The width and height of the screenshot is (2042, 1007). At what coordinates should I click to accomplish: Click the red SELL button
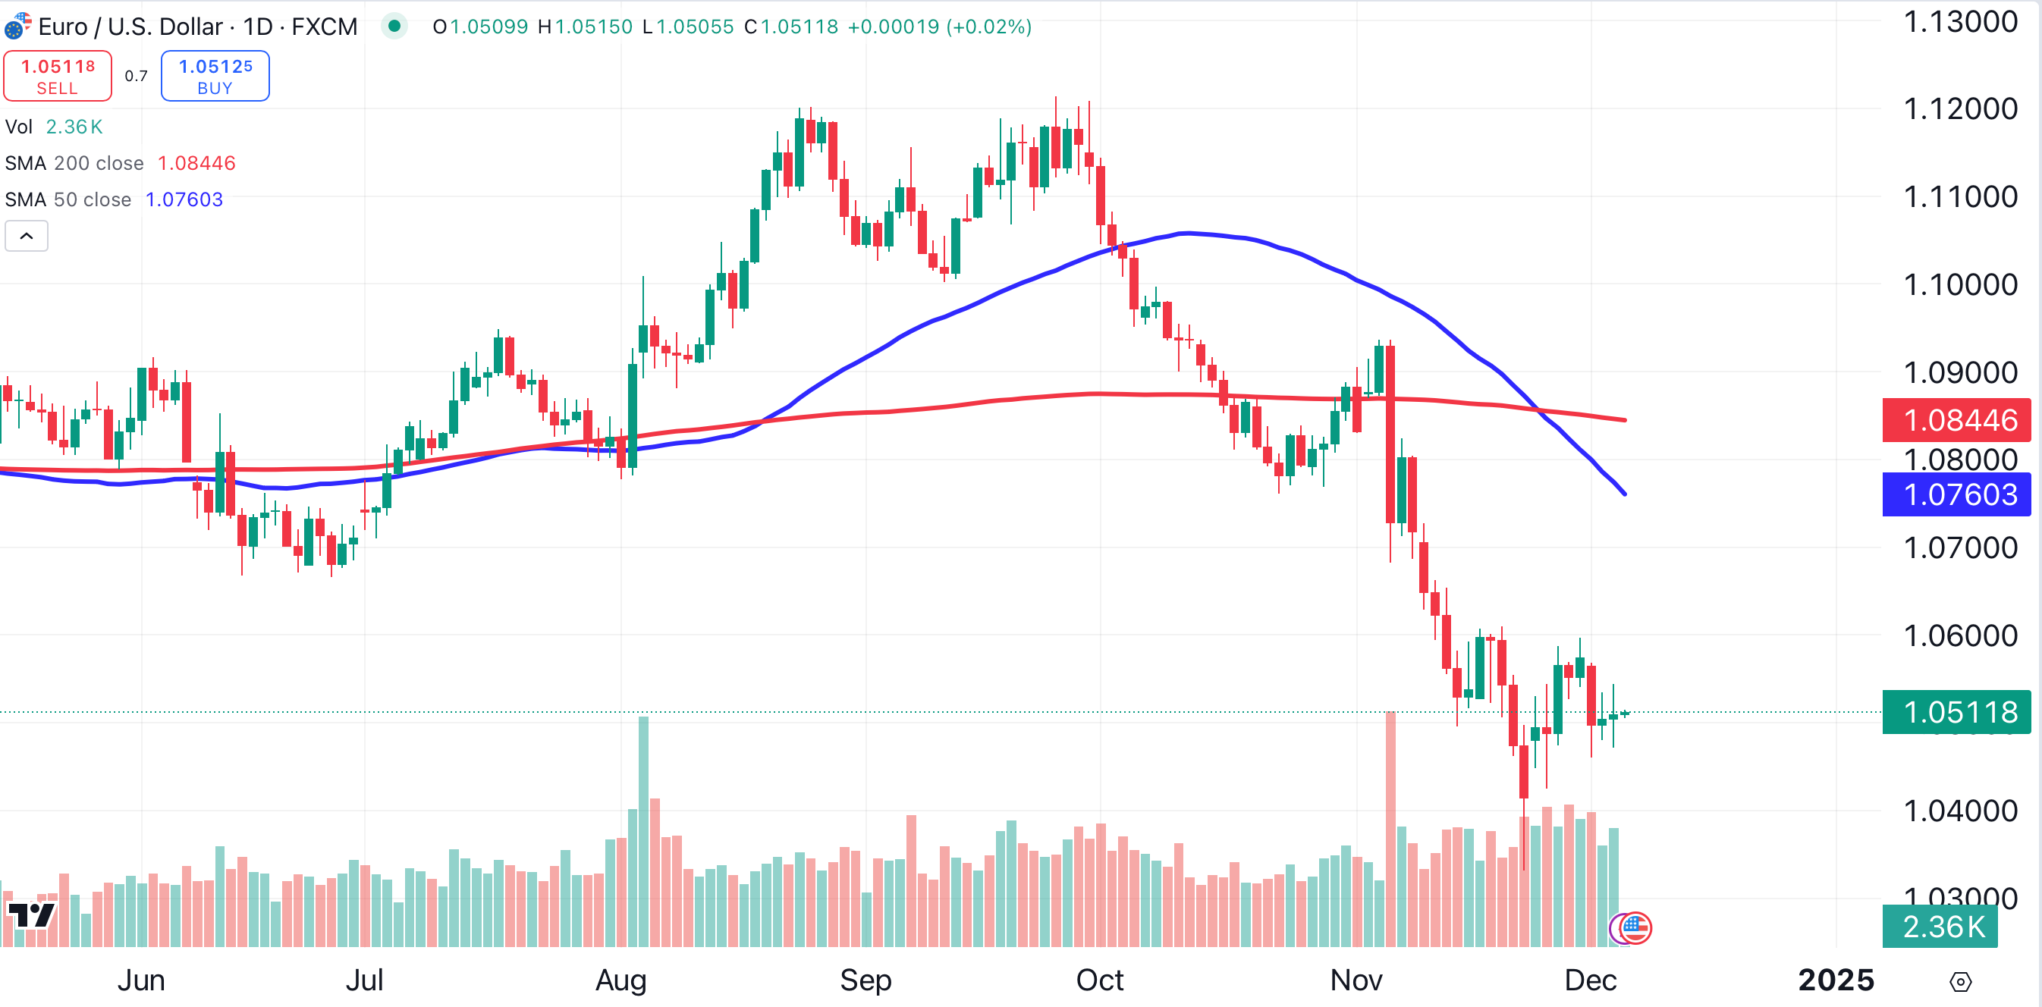(x=57, y=76)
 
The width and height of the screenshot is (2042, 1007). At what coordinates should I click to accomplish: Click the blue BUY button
(x=215, y=76)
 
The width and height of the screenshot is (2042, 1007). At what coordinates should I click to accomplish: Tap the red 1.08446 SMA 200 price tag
(x=1956, y=420)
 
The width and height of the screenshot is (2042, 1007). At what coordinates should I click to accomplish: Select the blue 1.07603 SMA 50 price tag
(x=1956, y=494)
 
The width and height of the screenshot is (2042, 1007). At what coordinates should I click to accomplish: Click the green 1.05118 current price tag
(x=1956, y=711)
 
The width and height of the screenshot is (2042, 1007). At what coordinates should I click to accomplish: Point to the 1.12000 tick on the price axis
(x=1959, y=108)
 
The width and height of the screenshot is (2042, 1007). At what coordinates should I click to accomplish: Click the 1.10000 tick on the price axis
(x=1959, y=284)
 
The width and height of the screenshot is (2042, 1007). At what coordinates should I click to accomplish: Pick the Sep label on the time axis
(x=865, y=980)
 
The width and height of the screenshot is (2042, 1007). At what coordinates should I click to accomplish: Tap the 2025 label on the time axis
(x=1835, y=980)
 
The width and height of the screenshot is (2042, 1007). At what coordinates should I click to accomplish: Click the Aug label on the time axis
(x=620, y=980)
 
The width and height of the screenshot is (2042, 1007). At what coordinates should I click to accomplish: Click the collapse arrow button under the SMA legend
(x=26, y=236)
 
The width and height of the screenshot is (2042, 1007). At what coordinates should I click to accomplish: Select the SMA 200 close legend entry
(x=74, y=163)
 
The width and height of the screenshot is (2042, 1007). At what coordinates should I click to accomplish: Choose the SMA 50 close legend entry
(x=68, y=199)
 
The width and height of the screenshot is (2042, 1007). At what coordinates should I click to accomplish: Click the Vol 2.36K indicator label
(x=54, y=127)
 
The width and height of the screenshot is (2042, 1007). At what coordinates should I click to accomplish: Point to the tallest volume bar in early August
(x=643, y=832)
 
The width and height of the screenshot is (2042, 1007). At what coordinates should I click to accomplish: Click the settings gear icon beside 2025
(x=1959, y=982)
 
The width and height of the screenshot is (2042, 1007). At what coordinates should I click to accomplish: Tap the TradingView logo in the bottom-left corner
(x=32, y=915)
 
